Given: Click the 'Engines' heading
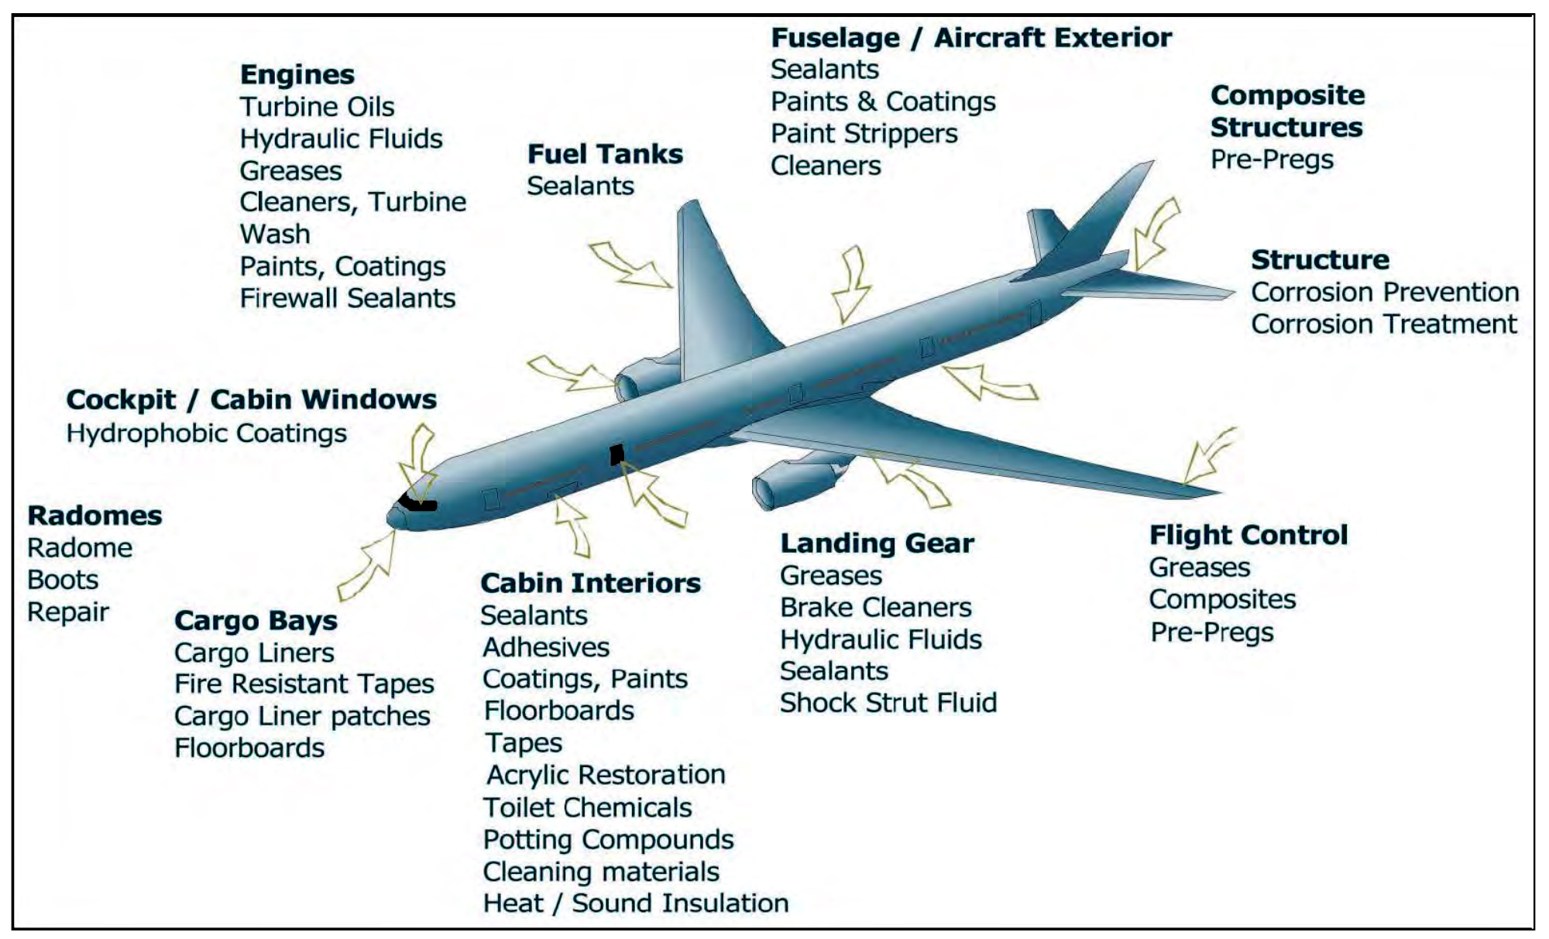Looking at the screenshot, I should tap(297, 75).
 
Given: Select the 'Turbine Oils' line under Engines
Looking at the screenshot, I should tap(317, 107).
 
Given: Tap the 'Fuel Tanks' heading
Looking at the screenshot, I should tap(605, 154).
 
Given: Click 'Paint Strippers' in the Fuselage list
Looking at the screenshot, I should tap(864, 134).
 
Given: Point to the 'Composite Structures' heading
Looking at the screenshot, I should tap(1286, 111).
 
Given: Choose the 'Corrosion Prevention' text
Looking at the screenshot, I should tap(1385, 293).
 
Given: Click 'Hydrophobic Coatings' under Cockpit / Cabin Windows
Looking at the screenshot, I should tap(206, 434).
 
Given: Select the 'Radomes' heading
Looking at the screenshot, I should tap(94, 516).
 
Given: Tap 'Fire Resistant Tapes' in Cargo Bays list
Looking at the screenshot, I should tap(304, 684).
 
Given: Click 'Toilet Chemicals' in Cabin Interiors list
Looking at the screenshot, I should tap(587, 808).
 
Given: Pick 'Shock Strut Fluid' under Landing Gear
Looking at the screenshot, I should tap(888, 703).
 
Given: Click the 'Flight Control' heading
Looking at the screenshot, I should tap(1248, 536).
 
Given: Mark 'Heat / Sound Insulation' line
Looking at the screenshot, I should tap(635, 903).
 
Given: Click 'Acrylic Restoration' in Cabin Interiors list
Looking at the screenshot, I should tap(606, 775).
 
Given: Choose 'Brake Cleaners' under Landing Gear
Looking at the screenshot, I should tap(875, 608).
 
